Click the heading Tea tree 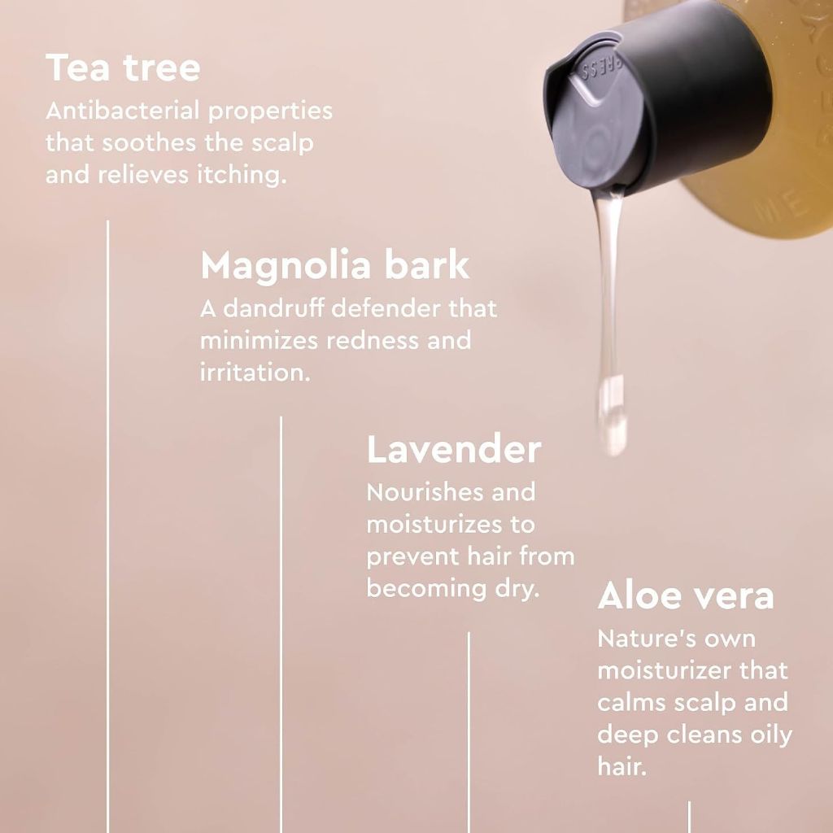click(124, 68)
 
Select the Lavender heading click(454, 449)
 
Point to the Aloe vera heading click(685, 595)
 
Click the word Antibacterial click(123, 111)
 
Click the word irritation click(255, 373)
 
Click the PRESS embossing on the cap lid click(602, 68)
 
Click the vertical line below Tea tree click(108, 526)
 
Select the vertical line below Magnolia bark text click(281, 625)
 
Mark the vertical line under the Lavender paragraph click(469, 733)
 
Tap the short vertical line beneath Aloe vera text click(690, 817)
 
